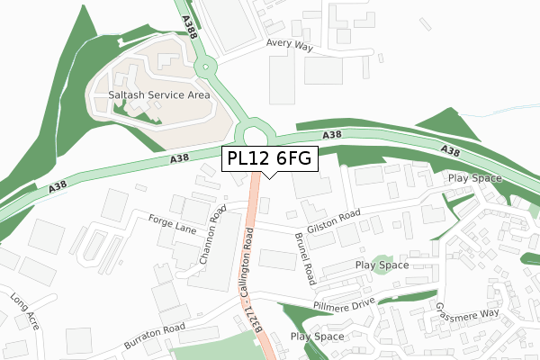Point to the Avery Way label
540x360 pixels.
pyautogui.click(x=288, y=42)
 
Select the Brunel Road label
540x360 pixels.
pyautogui.click(x=303, y=261)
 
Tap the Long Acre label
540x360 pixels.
pyautogui.click(x=26, y=310)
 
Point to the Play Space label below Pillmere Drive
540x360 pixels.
pyautogui.click(x=318, y=337)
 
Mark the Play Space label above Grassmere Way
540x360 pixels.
pyautogui.click(x=473, y=179)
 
